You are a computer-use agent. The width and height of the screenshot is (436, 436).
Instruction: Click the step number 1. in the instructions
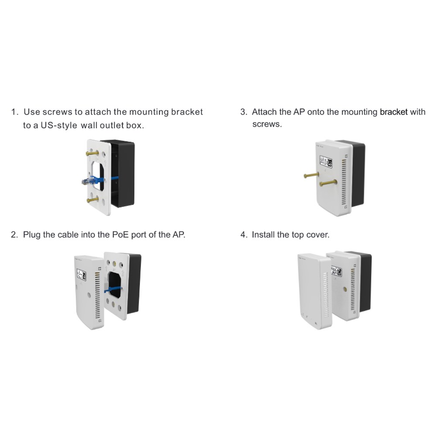point(15,112)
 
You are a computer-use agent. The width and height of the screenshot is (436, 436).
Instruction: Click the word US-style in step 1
point(59,126)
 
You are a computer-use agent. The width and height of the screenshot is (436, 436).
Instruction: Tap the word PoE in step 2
point(120,235)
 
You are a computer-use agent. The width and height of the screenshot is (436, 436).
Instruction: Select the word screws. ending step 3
point(267,124)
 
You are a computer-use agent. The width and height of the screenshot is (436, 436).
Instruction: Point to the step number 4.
point(244,235)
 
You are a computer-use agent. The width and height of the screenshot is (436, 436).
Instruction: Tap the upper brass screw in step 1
point(92,153)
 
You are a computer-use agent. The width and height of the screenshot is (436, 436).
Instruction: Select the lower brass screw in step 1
point(92,199)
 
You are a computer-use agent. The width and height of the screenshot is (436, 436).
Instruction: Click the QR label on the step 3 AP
point(326,162)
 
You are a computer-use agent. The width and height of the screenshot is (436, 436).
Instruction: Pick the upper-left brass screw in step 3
point(311,175)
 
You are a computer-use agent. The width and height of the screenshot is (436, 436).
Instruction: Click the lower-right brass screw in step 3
point(328,183)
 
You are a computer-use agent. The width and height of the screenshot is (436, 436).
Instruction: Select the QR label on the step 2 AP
point(82,275)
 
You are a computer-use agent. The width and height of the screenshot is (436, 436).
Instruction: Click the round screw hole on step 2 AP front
point(89,295)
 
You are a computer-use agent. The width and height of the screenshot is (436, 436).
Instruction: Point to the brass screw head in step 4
point(345,289)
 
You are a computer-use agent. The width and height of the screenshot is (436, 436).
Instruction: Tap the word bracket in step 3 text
point(394,112)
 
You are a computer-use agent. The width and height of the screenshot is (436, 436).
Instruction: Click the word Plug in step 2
point(31,235)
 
